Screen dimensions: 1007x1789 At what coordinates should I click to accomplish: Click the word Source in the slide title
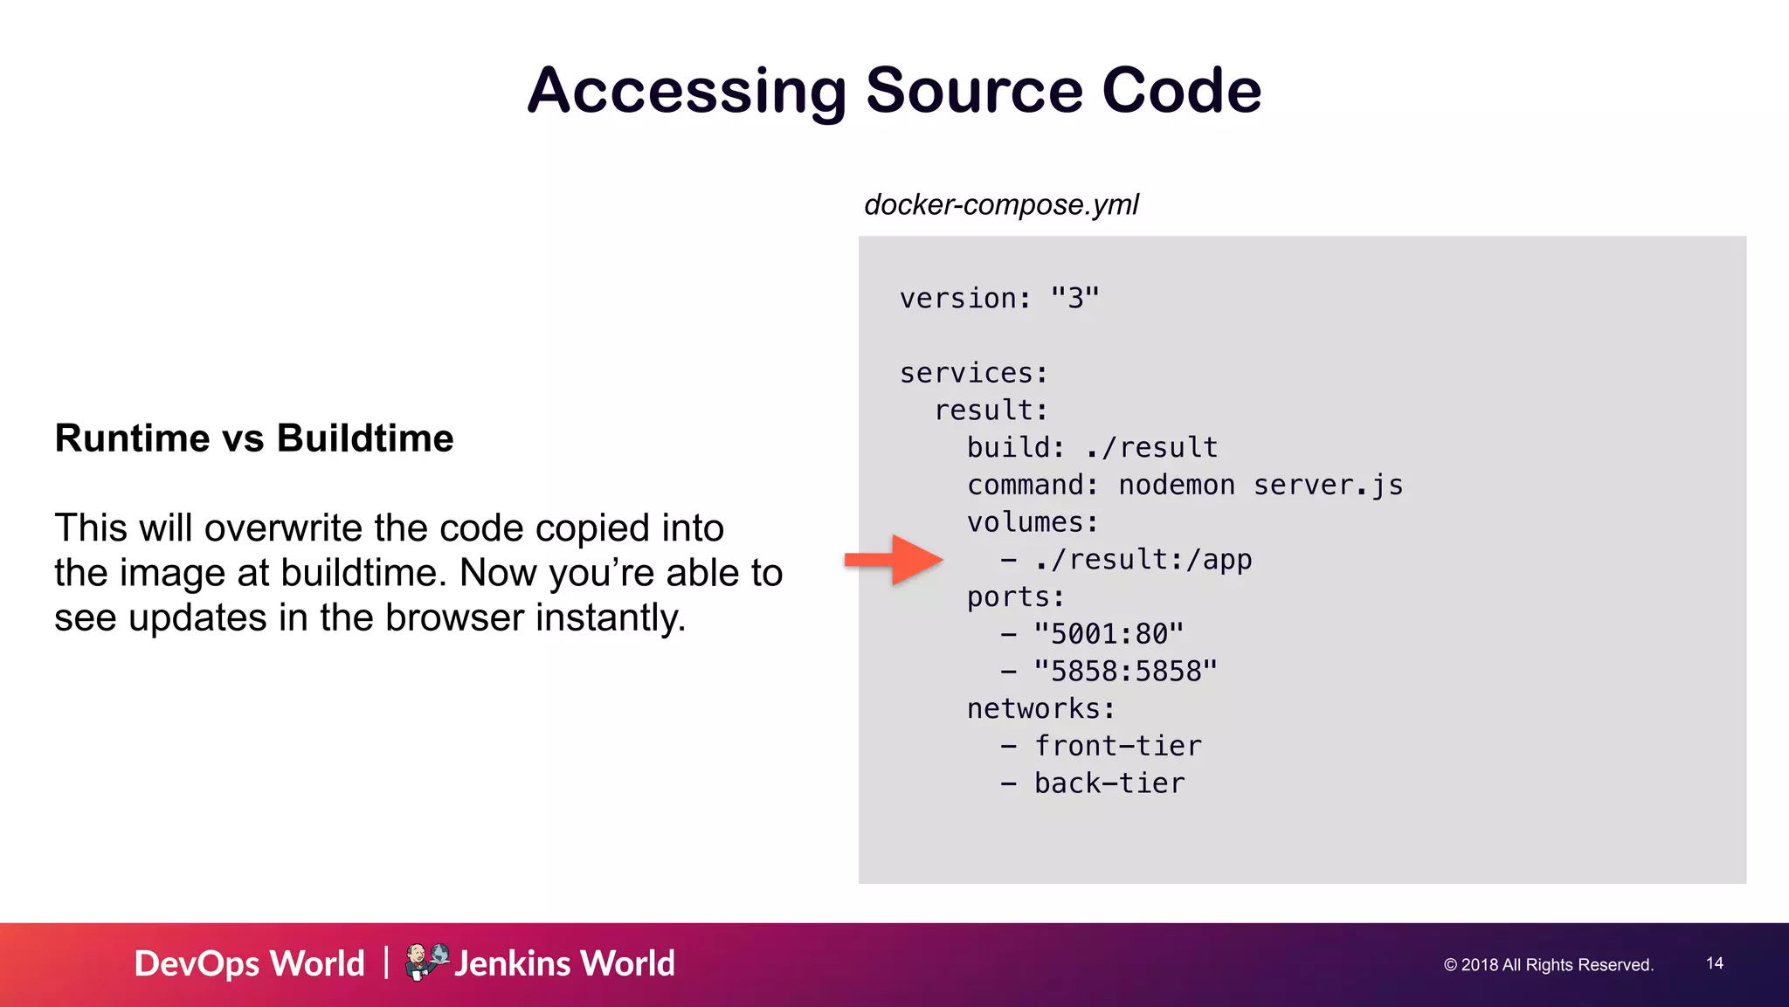(975, 91)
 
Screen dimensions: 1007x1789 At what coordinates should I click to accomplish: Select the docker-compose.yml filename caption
(1001, 204)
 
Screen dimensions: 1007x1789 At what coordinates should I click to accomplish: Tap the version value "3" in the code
(1075, 299)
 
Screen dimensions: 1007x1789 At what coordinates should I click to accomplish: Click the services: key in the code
(973, 374)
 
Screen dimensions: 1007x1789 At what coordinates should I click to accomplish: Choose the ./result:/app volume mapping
(1143, 560)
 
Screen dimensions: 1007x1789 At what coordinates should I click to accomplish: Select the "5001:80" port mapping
(1109, 634)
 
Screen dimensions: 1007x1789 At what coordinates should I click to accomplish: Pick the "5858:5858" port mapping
(1125, 672)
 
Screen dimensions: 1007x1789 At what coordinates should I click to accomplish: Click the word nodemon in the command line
(1177, 486)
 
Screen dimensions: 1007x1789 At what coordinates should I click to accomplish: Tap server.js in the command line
(1328, 486)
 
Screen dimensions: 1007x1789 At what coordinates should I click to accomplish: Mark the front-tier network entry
(1118, 747)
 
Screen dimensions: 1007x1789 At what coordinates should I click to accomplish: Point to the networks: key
(1040, 709)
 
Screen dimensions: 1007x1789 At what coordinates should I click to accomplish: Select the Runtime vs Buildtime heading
(254, 438)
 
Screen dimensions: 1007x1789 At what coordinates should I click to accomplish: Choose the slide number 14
(1715, 963)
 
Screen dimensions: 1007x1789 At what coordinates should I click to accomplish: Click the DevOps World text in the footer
(250, 964)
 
